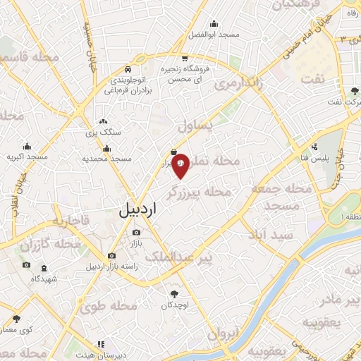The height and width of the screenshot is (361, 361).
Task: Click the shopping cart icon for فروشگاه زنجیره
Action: point(184,59)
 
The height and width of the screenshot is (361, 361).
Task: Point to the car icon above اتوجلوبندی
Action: point(128,70)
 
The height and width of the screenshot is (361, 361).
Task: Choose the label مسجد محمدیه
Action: point(106,159)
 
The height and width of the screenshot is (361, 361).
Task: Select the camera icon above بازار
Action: point(135,232)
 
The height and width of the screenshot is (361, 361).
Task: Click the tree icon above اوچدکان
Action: point(173,293)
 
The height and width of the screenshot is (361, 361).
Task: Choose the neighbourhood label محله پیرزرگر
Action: point(200,191)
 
